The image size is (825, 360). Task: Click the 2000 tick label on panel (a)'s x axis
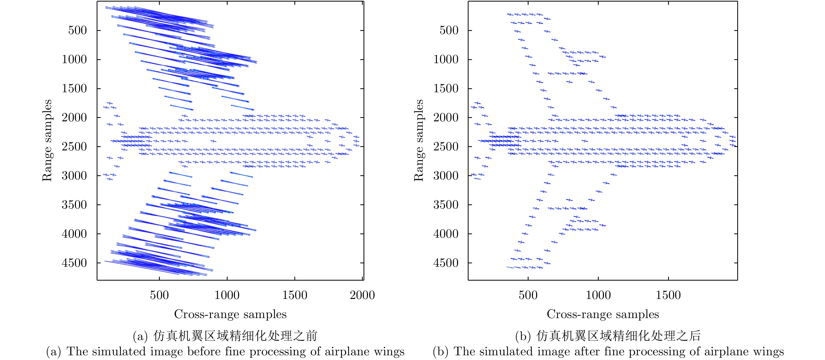362,295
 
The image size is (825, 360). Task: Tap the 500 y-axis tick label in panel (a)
78,30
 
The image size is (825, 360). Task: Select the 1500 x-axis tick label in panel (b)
668,295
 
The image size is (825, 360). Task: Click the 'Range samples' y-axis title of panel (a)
47,140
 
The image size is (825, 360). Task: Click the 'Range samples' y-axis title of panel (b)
419,140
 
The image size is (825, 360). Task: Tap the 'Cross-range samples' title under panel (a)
230,314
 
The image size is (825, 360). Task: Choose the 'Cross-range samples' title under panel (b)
603,314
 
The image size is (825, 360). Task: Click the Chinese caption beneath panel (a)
225,336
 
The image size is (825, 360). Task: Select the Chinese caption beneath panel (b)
608,336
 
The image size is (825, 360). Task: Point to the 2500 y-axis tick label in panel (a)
74,147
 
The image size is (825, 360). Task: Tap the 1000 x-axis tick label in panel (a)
227,295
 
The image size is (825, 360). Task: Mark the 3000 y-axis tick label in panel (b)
446,176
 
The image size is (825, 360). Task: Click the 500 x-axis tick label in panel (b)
528,295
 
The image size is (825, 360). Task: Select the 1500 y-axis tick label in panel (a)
74,88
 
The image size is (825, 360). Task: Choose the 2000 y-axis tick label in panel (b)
446,118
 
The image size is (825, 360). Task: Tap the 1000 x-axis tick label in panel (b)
598,295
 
